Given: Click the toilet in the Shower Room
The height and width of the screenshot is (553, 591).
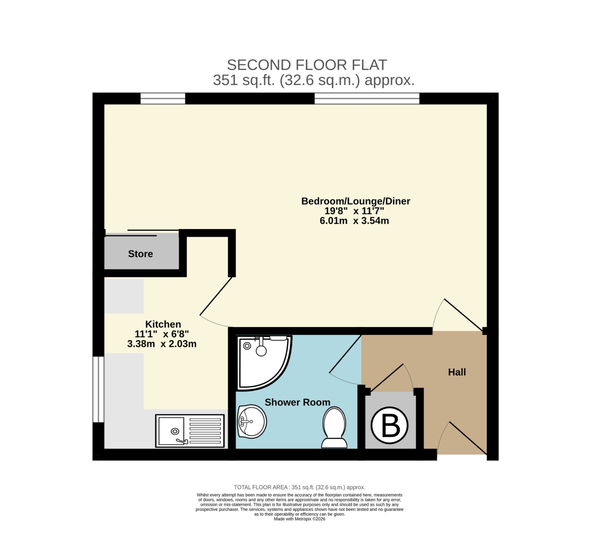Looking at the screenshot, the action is click(x=334, y=428).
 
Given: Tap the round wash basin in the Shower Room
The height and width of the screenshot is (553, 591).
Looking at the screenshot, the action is click(x=252, y=421).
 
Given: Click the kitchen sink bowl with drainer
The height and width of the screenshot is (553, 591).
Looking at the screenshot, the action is click(x=190, y=431).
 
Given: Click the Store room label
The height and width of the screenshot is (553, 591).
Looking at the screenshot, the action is click(x=140, y=254).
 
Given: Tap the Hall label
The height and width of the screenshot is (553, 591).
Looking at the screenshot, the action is click(x=457, y=372).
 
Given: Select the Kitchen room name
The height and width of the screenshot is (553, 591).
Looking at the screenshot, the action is click(x=163, y=324).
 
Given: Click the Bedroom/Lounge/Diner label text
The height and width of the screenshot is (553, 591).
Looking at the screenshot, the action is click(x=356, y=201).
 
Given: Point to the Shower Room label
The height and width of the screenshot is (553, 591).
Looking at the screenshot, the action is click(x=297, y=402).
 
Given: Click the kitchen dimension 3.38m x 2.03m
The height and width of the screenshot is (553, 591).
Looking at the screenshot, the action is click(x=162, y=344).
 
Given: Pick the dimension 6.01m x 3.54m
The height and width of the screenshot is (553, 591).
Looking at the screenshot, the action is click(x=354, y=221).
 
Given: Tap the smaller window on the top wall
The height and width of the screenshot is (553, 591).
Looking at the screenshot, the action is click(x=163, y=98).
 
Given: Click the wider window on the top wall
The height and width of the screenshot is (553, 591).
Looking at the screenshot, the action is click(x=367, y=98).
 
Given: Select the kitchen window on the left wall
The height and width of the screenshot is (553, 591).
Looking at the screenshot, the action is click(x=98, y=389).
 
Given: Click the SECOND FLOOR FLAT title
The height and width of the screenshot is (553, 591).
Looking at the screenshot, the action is click(x=307, y=65).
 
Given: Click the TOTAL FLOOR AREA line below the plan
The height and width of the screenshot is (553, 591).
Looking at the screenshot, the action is click(x=300, y=487).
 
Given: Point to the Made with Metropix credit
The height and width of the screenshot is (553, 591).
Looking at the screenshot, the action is click(x=300, y=519).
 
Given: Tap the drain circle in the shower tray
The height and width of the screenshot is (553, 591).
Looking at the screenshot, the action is click(x=247, y=346).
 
